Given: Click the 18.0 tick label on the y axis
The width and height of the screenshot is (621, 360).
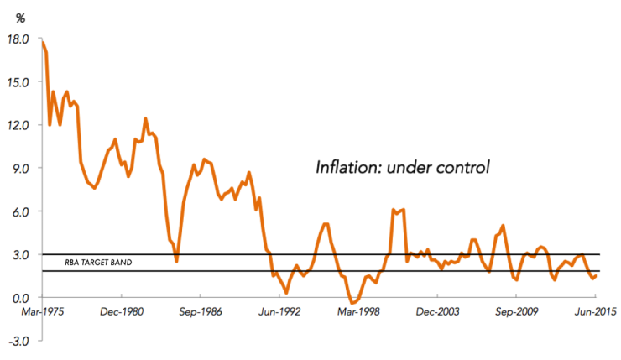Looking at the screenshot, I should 18,39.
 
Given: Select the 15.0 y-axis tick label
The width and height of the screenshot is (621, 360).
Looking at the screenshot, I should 18,82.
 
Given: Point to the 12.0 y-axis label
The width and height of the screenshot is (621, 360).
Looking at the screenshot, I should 18,125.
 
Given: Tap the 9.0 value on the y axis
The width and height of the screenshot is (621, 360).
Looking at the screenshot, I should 21,168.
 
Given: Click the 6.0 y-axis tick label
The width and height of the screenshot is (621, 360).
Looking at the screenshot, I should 21,211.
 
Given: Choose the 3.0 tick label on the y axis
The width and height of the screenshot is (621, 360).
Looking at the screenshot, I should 21,254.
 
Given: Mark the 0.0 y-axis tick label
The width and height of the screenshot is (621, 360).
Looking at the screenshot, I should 21,298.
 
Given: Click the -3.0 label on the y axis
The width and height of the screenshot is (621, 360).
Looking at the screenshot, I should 19,341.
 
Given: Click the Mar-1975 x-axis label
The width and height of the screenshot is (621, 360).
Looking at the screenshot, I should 43,313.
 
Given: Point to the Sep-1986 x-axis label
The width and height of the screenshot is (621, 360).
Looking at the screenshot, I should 200,313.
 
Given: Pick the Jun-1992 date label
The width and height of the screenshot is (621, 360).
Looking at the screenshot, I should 279,313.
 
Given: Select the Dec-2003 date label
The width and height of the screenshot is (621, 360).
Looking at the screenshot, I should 437,313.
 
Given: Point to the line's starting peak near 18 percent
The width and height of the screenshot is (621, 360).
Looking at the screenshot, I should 42,42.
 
